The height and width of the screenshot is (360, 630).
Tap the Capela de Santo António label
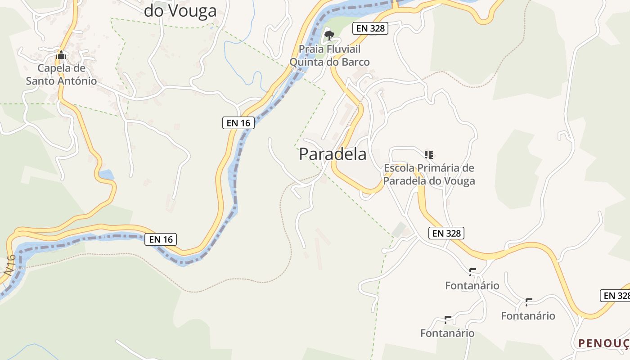[x=61, y=75]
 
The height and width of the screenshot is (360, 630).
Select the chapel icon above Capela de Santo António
[x=61, y=55]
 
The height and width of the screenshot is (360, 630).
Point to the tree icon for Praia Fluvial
[x=329, y=35]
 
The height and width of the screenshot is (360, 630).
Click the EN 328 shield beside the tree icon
[x=370, y=28]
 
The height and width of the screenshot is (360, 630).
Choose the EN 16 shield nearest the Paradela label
[x=238, y=123]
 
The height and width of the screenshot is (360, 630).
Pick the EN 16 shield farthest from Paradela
[x=161, y=239]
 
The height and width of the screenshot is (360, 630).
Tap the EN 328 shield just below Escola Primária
[x=446, y=233]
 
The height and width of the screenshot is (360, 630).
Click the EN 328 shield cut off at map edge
[x=616, y=296]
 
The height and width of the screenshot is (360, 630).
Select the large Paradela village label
[x=333, y=154]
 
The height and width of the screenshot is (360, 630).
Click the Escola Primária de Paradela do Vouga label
[x=429, y=175]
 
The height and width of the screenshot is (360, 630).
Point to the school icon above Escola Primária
[x=429, y=155]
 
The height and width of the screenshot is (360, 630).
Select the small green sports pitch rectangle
[x=399, y=229]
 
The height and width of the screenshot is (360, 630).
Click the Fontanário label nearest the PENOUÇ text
[x=528, y=316]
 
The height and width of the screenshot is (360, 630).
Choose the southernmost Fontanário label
[x=447, y=333]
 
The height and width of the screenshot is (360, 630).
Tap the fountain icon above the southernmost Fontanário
[x=448, y=320]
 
